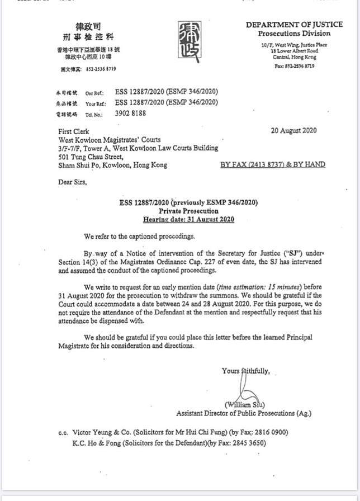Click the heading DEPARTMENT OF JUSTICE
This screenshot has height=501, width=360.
pos(294,25)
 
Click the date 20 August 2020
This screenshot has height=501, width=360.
pos(293,131)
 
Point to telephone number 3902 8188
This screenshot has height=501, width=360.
pos(131,112)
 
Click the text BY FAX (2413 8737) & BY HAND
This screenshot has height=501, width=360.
pos(273,164)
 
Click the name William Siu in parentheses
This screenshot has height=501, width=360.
pos(245,404)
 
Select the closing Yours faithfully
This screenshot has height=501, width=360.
pos(245,371)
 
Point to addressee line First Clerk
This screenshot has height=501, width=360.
pos(73,131)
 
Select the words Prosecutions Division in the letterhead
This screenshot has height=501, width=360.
pos(295,34)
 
